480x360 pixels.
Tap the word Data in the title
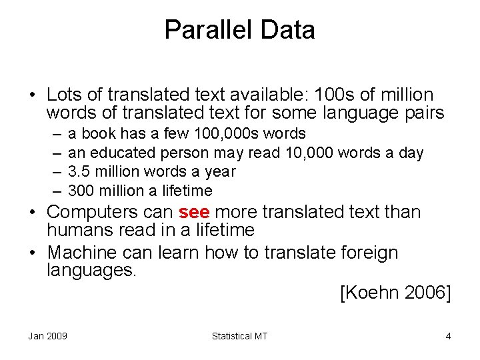point(288,30)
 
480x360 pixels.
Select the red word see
point(195,213)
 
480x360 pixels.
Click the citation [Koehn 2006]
point(395,293)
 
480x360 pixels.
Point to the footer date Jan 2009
point(47,336)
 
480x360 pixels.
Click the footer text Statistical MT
point(239,336)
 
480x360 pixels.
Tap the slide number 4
point(448,336)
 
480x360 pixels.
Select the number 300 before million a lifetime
point(81,191)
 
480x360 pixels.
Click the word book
point(98,134)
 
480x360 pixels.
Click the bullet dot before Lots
point(32,95)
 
